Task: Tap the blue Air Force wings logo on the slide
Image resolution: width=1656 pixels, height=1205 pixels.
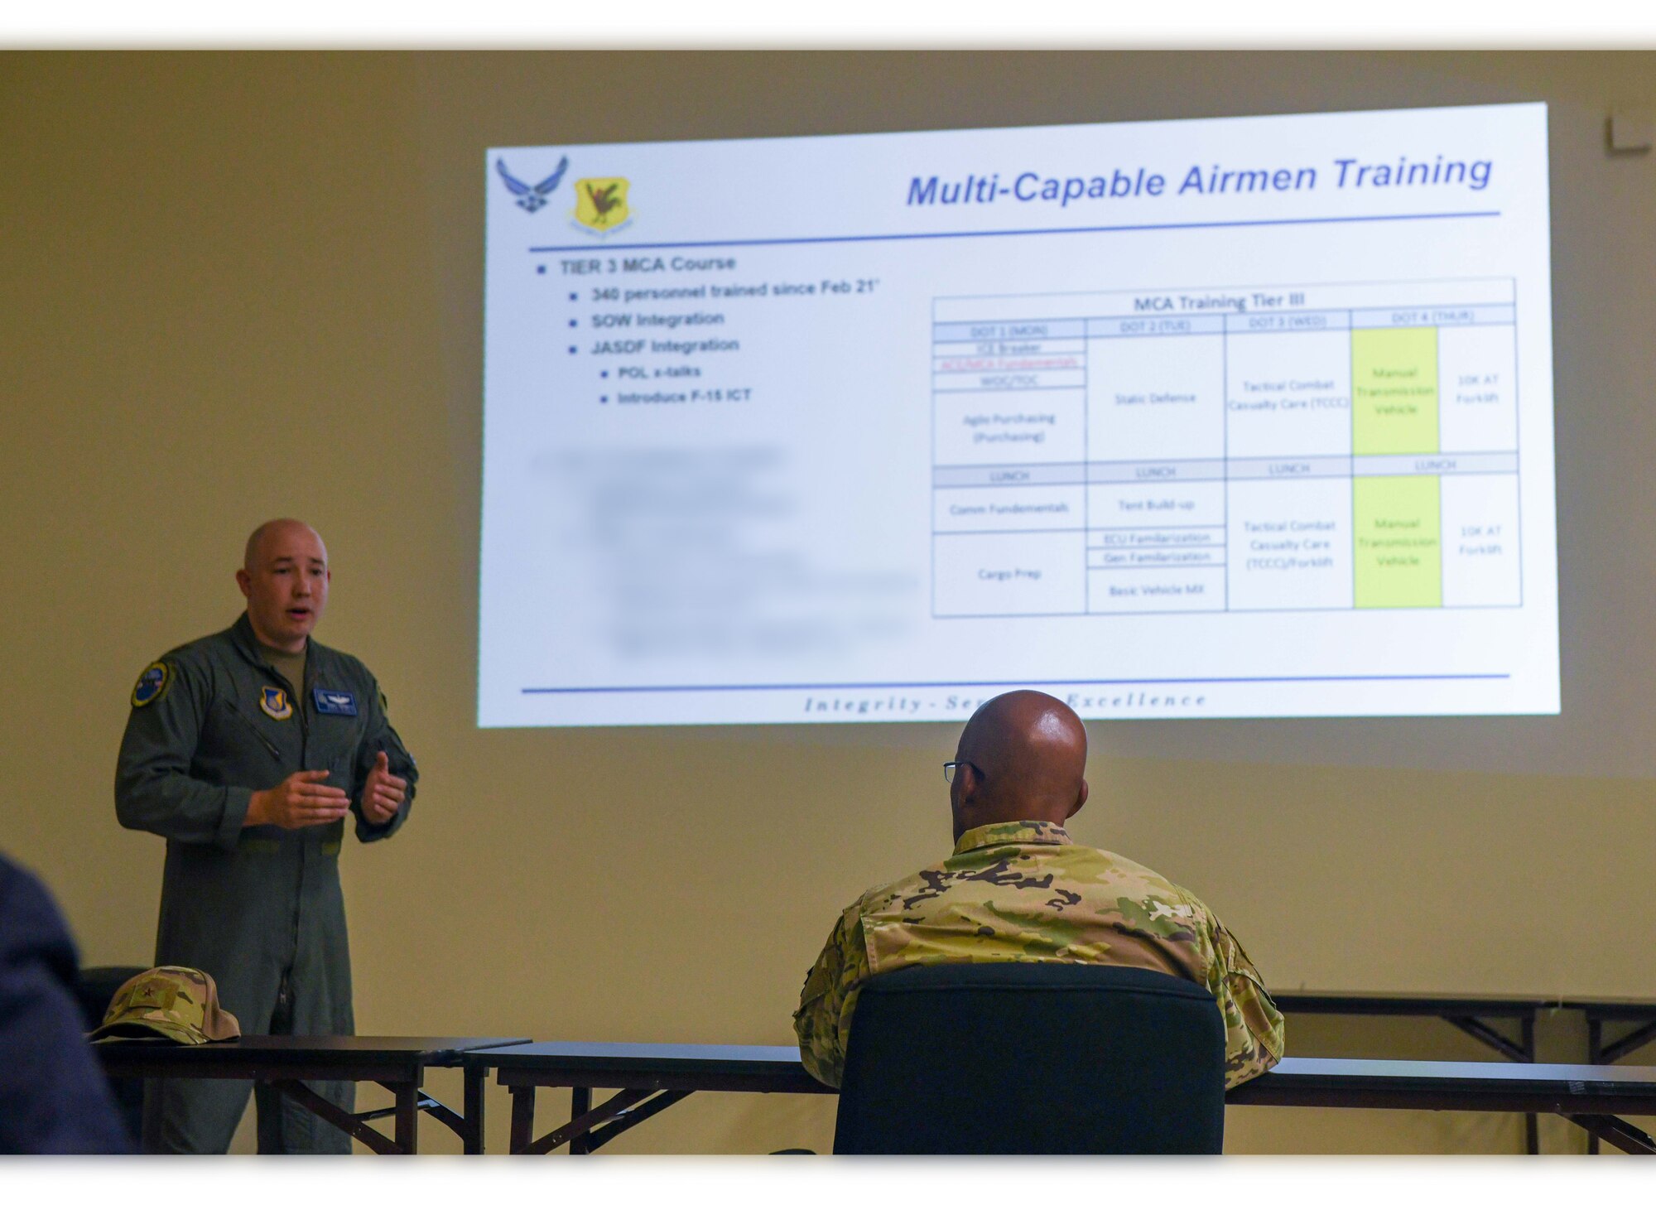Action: (532, 184)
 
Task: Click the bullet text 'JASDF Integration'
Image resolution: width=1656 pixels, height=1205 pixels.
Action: (665, 346)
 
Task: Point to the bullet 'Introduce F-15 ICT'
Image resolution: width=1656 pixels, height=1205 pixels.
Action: (684, 397)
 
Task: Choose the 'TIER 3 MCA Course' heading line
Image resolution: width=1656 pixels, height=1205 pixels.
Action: (647, 265)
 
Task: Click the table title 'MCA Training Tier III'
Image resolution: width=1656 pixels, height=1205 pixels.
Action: (1219, 301)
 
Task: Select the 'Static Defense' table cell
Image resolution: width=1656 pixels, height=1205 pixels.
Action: (1155, 398)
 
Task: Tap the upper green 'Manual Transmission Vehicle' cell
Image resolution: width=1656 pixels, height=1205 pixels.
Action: (1395, 391)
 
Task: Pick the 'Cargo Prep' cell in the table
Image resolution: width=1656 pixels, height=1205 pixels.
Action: (1009, 573)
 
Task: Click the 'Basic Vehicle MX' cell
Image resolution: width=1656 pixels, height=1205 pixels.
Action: (1156, 590)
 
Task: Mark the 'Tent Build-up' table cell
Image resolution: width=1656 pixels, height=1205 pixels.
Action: (1156, 504)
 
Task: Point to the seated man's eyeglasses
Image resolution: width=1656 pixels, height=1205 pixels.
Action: (960, 770)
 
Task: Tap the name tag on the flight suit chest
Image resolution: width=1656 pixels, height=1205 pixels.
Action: (335, 701)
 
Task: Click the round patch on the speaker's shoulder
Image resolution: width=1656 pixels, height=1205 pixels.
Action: (151, 683)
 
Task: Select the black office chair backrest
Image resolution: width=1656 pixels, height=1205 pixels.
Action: (1029, 1060)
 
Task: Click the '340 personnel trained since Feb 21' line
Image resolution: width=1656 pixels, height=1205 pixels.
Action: (734, 291)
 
